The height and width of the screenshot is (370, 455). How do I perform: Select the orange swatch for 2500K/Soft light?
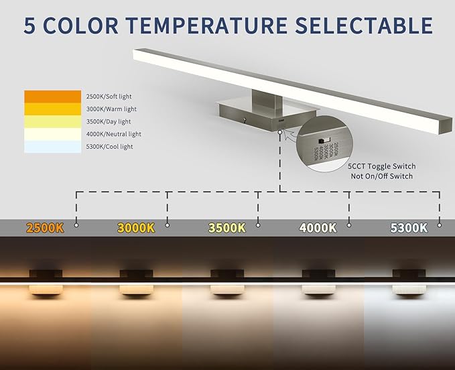pyautogui.click(x=52, y=97)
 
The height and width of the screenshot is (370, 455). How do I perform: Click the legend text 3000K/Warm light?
pyautogui.click(x=111, y=109)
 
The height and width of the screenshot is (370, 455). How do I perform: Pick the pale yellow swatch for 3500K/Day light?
pyautogui.click(x=52, y=121)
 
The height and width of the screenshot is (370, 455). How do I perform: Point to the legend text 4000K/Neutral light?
pyautogui.click(x=115, y=134)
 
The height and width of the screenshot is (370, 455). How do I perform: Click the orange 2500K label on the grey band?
pyautogui.click(x=44, y=228)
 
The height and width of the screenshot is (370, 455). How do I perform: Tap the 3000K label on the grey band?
pyautogui.click(x=135, y=228)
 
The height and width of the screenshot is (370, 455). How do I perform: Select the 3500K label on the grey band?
pyautogui.click(x=226, y=228)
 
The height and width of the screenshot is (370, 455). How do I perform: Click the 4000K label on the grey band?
pyautogui.click(x=318, y=228)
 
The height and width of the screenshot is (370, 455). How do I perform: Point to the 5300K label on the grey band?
pyautogui.click(x=409, y=228)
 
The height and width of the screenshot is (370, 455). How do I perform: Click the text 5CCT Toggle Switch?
pyautogui.click(x=381, y=166)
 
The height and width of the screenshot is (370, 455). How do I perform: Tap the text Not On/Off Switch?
pyautogui.click(x=381, y=176)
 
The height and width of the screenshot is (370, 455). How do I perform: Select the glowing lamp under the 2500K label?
pyautogui.click(x=44, y=288)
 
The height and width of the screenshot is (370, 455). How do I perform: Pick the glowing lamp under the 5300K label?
pyautogui.click(x=409, y=288)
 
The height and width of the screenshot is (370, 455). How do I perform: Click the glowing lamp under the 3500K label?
pyautogui.click(x=226, y=288)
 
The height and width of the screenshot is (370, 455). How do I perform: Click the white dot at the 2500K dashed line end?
pyautogui.click(x=76, y=225)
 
